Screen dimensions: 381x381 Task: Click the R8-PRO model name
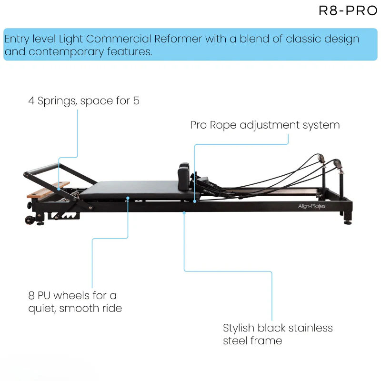pyautogui.click(x=348, y=11)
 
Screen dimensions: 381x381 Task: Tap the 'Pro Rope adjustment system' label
pyautogui.click(x=265, y=125)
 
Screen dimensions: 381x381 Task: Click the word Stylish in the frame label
pyautogui.click(x=241, y=328)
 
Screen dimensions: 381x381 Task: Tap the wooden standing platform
pyautogui.click(x=48, y=190)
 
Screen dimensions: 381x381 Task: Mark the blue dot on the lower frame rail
pyautogui.click(x=184, y=213)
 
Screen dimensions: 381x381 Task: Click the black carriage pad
pyautogui.click(x=138, y=189)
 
